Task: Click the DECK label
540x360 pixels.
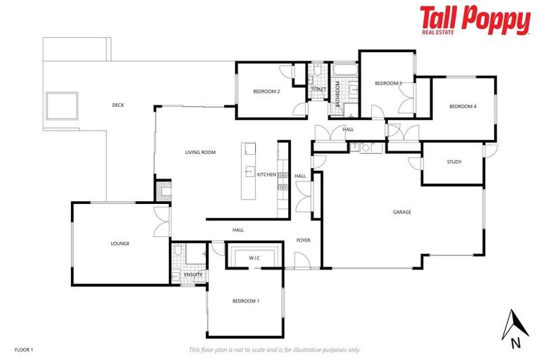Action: point(118,105)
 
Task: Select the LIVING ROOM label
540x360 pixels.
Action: point(200,153)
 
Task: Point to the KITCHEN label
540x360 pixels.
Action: point(266,174)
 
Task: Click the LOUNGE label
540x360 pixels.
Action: point(120,244)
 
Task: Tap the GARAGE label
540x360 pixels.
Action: point(402,212)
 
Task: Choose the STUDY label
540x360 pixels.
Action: point(454,162)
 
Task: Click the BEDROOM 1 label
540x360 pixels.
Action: point(246,301)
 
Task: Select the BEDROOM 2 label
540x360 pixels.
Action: point(266,91)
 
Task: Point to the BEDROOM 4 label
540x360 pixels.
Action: point(463,106)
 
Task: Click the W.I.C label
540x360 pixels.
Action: point(255,259)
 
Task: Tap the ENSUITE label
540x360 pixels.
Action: point(194,274)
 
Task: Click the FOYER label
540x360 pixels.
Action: point(303,240)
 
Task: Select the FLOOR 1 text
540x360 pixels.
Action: point(23,349)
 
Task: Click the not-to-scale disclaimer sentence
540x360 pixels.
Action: point(274,349)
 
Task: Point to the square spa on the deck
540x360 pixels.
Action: point(62,105)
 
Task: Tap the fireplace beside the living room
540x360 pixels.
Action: point(163,191)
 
